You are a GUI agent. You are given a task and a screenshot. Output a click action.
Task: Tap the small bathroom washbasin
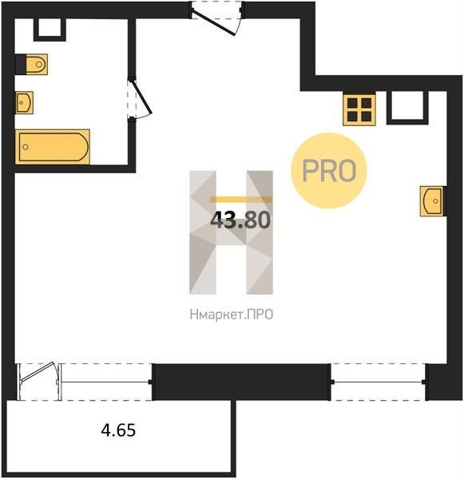24,103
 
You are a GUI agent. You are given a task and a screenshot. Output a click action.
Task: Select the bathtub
53,147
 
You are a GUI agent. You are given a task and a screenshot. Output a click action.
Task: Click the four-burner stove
359,110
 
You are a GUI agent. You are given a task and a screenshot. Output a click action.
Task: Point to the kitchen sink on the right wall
431,201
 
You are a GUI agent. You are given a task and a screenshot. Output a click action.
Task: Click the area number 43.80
240,220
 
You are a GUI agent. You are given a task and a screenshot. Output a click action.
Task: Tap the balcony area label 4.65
118,430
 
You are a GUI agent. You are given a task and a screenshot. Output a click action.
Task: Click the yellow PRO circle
329,171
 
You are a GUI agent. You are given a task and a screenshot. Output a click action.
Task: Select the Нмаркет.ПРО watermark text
232,315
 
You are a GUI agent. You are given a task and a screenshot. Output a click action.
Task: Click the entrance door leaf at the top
213,22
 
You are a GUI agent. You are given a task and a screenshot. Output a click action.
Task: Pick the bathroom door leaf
141,97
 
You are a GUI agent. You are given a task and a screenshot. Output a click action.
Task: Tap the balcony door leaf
38,372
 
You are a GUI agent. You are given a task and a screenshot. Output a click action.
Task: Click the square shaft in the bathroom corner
50,30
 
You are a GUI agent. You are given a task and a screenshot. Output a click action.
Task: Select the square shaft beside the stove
407,108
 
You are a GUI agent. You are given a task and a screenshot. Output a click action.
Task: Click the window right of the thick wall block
378,382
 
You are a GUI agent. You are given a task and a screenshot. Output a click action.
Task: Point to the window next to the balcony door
105,382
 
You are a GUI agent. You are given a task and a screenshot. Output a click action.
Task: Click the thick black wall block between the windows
241,382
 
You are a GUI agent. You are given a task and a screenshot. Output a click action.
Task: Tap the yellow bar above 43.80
240,200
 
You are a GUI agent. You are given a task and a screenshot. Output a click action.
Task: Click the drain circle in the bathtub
26,147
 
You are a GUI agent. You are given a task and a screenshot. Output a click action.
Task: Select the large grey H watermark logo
231,232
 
